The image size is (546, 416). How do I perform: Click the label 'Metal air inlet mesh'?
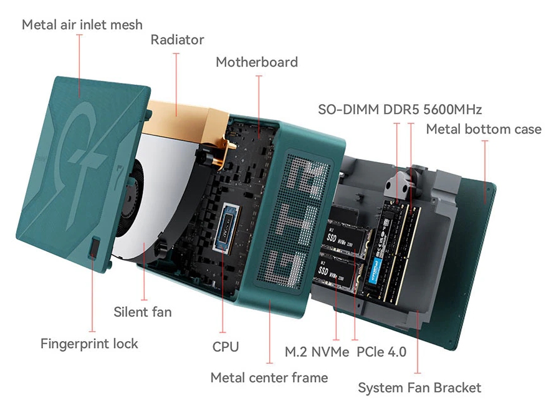[82, 25]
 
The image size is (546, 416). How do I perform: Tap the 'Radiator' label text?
[177, 40]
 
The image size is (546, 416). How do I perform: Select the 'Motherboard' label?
[257, 62]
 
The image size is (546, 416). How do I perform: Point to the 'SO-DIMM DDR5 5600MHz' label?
[400, 110]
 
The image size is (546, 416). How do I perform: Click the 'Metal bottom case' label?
[484, 130]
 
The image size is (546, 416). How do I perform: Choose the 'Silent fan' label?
[143, 312]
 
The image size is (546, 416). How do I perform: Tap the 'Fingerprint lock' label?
[89, 344]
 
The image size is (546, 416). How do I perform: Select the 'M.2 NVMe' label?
[317, 352]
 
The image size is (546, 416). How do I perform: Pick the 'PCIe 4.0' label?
[381, 352]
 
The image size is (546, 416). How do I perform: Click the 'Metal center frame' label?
[269, 377]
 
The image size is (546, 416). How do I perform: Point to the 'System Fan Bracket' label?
[419, 388]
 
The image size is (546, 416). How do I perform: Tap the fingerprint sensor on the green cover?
[93, 248]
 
